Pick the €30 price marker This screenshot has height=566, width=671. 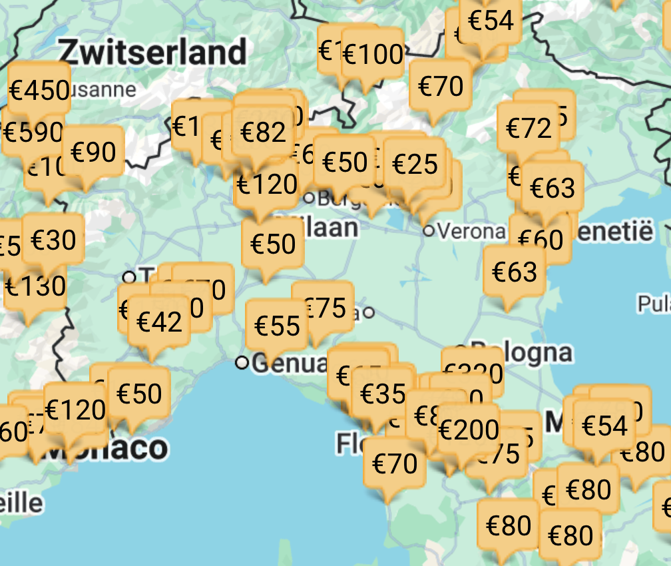(x=53, y=240)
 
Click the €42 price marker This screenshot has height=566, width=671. (x=159, y=322)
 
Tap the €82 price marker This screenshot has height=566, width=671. (x=264, y=133)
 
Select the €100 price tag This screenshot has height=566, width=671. (x=373, y=55)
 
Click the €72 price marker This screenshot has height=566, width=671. (x=529, y=128)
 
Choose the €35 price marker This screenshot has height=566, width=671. (x=383, y=394)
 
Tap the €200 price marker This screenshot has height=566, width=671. (x=469, y=430)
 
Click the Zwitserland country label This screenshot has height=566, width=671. (x=152, y=52)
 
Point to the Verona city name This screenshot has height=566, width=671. (x=473, y=231)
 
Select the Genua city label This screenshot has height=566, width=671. (x=290, y=364)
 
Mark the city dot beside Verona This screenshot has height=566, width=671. (x=429, y=230)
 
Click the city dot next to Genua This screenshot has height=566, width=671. (x=242, y=363)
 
